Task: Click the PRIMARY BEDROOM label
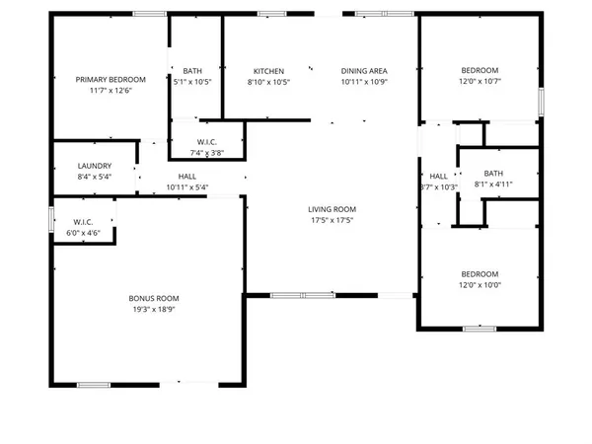click(x=111, y=80)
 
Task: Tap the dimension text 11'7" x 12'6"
click(x=111, y=91)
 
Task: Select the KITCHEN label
click(x=268, y=71)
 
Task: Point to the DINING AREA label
click(x=364, y=71)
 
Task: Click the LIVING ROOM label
click(x=332, y=209)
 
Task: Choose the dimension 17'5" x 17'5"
click(x=332, y=220)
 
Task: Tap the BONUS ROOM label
click(x=153, y=298)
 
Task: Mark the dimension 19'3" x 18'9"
click(x=153, y=309)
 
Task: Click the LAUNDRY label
click(x=95, y=166)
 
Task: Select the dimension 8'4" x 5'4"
click(x=95, y=177)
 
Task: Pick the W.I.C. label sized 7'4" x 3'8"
click(x=207, y=141)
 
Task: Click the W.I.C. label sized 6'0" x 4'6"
click(x=83, y=222)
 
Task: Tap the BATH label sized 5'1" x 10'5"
click(x=192, y=71)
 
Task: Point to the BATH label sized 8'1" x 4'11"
click(x=493, y=173)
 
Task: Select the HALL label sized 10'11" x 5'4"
click(x=187, y=177)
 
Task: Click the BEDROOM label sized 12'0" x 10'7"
click(x=480, y=71)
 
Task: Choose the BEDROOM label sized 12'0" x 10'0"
click(x=480, y=273)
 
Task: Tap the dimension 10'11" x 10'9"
click(x=364, y=82)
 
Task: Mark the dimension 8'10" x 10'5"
click(x=268, y=82)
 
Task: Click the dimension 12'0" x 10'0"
click(x=480, y=284)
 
